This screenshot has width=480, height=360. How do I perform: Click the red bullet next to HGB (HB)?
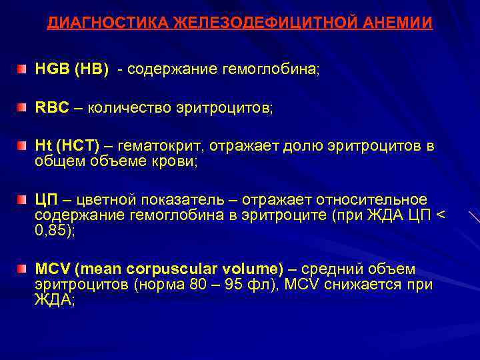[x=23, y=69]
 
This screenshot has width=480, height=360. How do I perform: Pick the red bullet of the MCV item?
[x=23, y=269]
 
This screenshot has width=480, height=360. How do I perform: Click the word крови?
[x=176, y=162]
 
